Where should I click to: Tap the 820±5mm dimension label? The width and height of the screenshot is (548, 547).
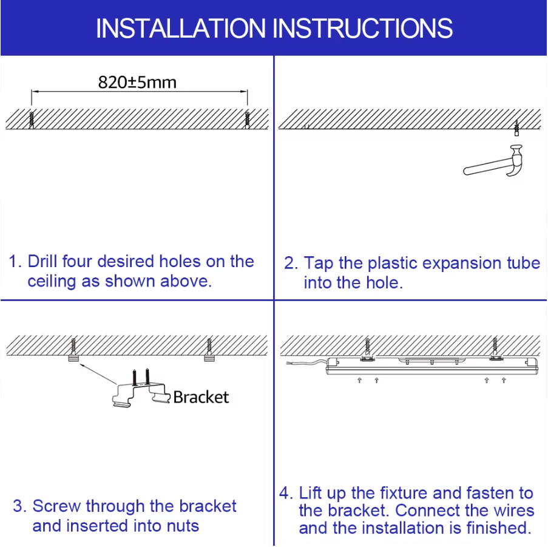pyautogui.click(x=137, y=82)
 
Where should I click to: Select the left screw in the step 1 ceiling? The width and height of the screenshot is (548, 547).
pyautogui.click(x=32, y=118)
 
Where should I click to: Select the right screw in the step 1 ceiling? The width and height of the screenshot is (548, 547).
pyautogui.click(x=247, y=118)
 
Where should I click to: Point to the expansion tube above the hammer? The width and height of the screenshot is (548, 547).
pyautogui.click(x=515, y=128)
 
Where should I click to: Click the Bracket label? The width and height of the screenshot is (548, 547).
pyautogui.click(x=201, y=397)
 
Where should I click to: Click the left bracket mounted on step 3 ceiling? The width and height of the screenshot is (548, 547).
pyautogui.click(x=74, y=359)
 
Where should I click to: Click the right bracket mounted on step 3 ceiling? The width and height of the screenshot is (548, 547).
pyautogui.click(x=209, y=359)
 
